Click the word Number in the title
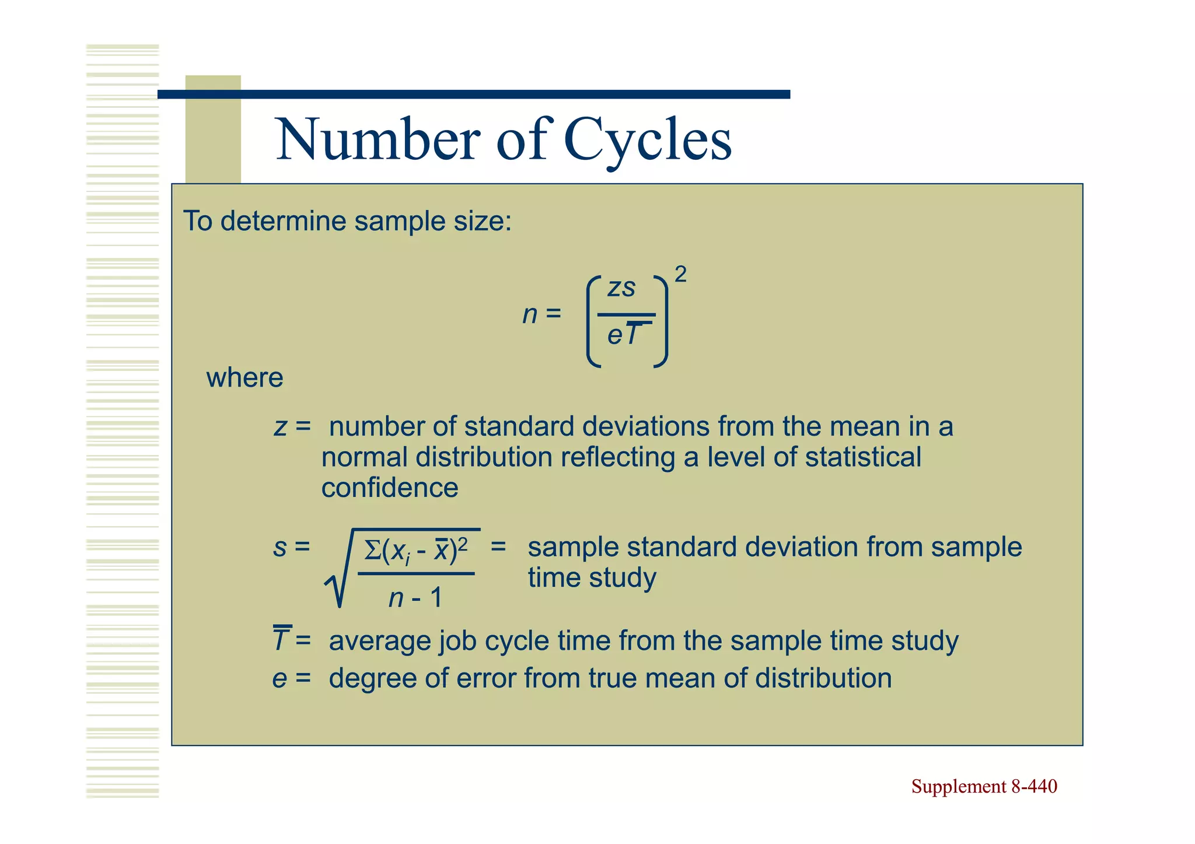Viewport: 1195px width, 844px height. [378, 140]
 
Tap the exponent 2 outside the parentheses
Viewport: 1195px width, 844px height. [680, 274]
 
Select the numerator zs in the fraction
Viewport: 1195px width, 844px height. [621, 288]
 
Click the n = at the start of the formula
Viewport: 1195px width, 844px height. [541, 314]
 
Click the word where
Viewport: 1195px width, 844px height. [244, 378]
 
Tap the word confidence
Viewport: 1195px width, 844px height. [390, 488]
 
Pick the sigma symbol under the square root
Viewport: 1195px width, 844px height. [372, 550]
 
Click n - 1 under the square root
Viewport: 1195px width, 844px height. [415, 598]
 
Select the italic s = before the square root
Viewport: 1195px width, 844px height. [291, 548]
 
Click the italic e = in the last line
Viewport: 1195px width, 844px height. [291, 678]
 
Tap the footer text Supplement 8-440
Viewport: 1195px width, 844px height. [984, 786]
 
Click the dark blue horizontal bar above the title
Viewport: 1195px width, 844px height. [474, 94]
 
